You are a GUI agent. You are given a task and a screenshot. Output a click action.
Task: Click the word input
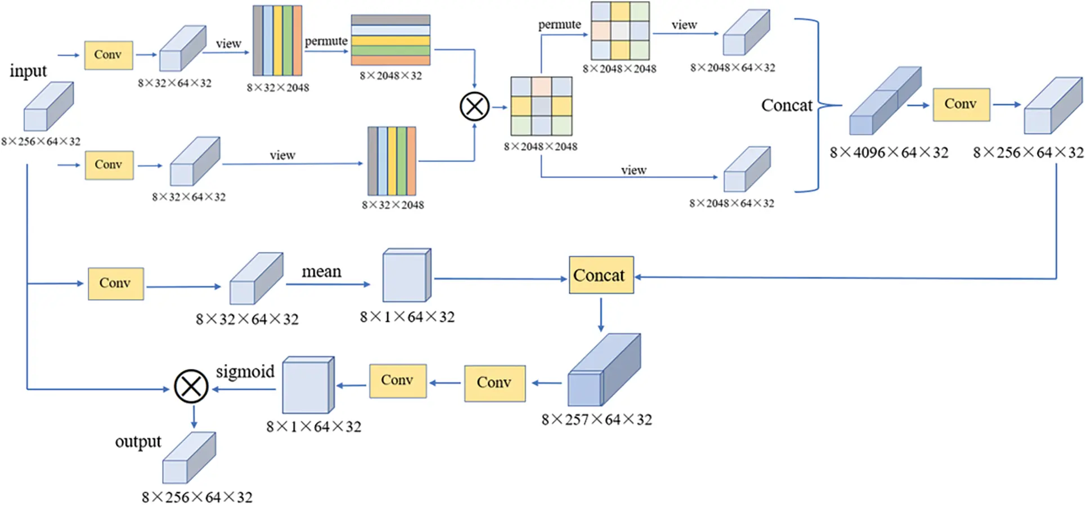point(28,71)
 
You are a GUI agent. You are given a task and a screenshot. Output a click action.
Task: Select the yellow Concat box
point(601,275)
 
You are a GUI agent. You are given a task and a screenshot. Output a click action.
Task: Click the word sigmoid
point(245,372)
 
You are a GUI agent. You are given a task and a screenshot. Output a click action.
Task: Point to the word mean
point(321,272)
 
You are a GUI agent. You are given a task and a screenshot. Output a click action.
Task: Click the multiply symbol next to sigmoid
point(191,386)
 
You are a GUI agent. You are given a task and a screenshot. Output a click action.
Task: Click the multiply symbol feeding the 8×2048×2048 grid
point(474,106)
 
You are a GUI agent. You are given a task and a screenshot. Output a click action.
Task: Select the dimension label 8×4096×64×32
point(888,153)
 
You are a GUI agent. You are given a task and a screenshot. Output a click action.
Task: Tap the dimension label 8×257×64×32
point(596,420)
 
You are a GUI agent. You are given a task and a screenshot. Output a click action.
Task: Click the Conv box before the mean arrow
point(116,283)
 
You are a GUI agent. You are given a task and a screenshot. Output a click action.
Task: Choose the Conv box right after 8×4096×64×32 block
point(961,105)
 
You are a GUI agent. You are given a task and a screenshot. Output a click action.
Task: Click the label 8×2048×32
point(391,76)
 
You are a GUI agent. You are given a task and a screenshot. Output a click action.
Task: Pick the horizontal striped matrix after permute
point(391,40)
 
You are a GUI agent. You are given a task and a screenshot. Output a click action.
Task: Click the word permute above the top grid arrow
point(559,25)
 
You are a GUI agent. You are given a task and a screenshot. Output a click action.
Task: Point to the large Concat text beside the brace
point(787,106)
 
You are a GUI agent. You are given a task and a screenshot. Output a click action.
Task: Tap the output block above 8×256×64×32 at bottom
point(189,458)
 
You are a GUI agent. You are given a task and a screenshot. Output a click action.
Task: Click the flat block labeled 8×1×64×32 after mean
point(406,276)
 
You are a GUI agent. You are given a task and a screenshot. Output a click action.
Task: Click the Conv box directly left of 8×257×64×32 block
point(495,383)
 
